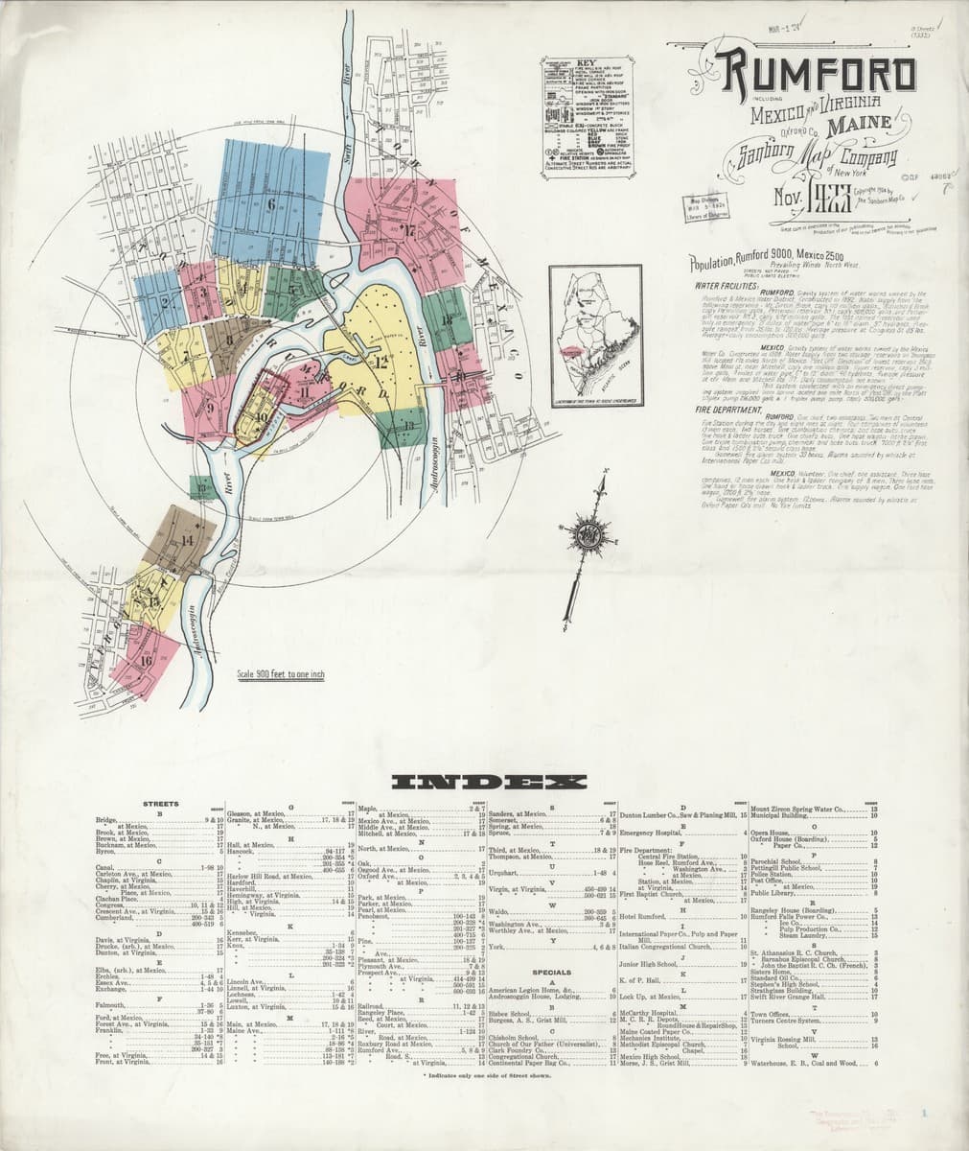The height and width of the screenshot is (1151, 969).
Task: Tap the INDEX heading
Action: pyautogui.click(x=484, y=782)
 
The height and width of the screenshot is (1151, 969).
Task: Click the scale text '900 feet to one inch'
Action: pyautogui.click(x=281, y=674)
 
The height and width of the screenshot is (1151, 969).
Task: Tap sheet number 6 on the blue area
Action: pyautogui.click(x=273, y=203)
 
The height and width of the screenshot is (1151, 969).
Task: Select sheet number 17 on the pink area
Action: pyautogui.click(x=408, y=229)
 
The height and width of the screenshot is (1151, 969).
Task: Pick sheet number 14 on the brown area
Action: pyautogui.click(x=186, y=540)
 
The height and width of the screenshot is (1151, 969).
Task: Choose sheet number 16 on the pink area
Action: pyautogui.click(x=146, y=661)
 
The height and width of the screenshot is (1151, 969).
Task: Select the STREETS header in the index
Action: pyautogui.click(x=159, y=803)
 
